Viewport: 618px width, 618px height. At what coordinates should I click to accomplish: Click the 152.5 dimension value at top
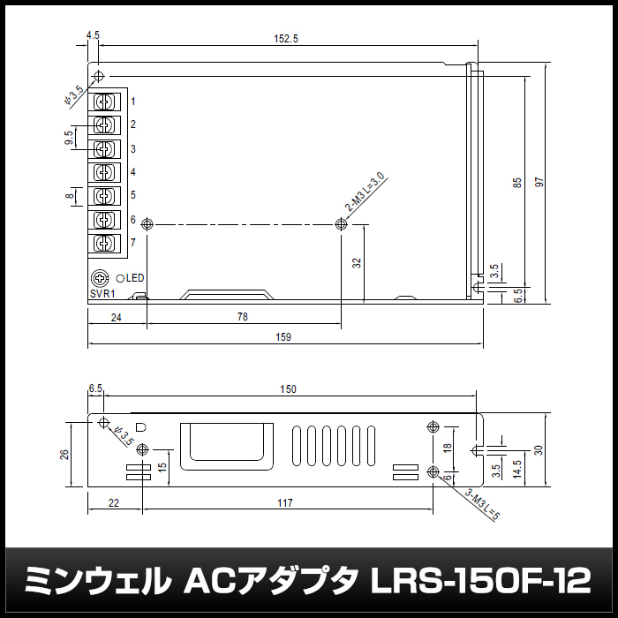(286, 39)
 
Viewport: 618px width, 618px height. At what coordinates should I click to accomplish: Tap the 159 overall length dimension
(283, 337)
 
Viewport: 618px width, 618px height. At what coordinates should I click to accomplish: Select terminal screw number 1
(104, 102)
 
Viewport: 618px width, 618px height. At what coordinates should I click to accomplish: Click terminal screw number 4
(104, 172)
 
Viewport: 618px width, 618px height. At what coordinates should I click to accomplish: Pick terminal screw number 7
(104, 243)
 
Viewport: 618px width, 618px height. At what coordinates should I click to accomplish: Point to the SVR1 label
(102, 294)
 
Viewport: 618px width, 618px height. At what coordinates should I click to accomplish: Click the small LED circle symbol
(120, 278)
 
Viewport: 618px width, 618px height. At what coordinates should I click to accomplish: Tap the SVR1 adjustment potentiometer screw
(100, 278)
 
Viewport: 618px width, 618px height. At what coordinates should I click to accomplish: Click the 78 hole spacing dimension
(243, 317)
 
